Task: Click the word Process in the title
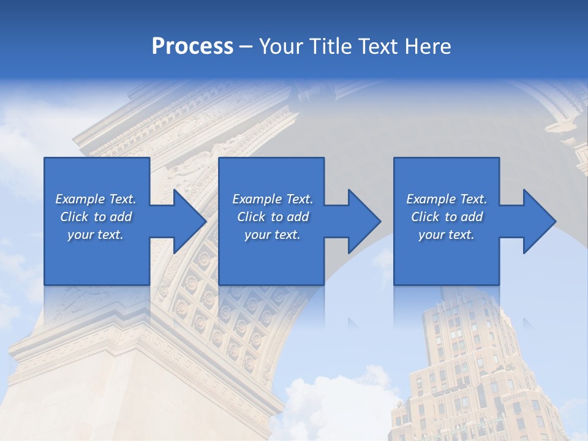tap(192, 47)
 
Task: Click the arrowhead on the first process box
tap(187, 221)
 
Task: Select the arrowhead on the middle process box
tap(363, 221)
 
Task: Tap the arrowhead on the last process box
tap(538, 221)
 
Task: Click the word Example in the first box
tap(79, 199)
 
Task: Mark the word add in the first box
tap(120, 217)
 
